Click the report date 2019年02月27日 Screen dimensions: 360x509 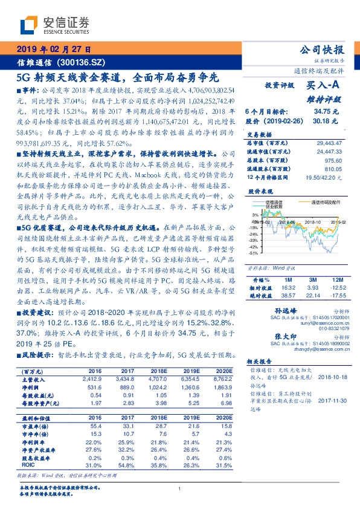click(x=54, y=50)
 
